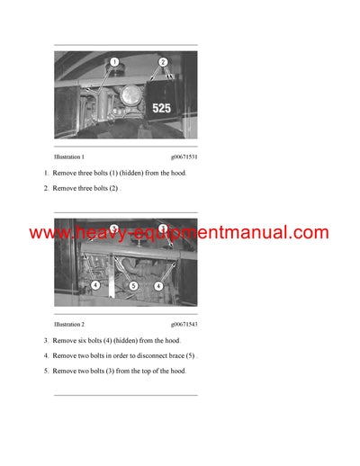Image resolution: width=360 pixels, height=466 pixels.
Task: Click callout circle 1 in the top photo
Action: (114, 62)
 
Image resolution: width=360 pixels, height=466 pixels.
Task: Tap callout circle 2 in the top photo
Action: (163, 62)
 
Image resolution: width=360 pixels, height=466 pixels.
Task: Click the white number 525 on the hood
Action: (161, 108)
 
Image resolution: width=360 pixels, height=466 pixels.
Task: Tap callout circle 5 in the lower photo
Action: (132, 285)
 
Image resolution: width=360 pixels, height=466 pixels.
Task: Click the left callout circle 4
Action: (95, 285)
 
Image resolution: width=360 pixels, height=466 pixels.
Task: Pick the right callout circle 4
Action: (158, 285)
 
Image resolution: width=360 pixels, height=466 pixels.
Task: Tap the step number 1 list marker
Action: (46, 173)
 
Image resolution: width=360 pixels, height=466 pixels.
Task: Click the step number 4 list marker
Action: (46, 356)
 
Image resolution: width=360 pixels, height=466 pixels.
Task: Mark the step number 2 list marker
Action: (46, 188)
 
